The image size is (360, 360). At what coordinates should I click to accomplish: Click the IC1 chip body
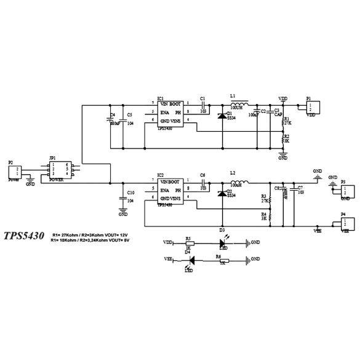(170, 114)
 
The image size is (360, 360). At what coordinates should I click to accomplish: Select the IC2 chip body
(170, 191)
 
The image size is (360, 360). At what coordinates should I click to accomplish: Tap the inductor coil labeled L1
(238, 103)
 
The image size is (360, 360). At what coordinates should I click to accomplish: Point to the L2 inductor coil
(238, 182)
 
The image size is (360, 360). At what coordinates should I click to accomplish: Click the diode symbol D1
(221, 114)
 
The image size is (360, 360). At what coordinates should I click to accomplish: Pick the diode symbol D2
(221, 193)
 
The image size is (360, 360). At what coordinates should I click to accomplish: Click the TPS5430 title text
(24, 236)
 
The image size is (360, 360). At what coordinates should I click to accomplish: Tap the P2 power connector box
(18, 170)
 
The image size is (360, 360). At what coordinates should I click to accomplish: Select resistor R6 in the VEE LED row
(218, 261)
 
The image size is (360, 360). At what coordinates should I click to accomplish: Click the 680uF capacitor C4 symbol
(111, 120)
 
